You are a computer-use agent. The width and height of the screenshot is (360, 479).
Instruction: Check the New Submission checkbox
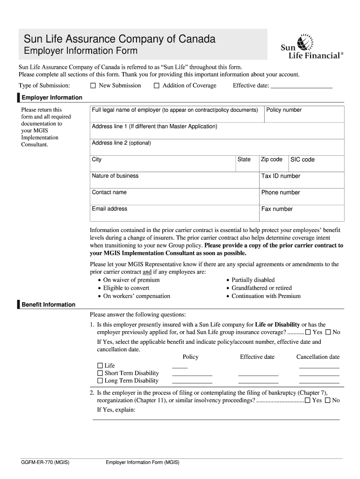(93, 86)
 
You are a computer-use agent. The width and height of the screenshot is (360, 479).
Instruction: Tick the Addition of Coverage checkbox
(157, 86)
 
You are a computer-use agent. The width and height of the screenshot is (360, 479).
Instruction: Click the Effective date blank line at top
(302, 86)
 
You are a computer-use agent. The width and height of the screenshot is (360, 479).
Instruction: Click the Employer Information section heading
(52, 97)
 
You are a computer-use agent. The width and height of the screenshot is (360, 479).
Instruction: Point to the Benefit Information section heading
(48, 305)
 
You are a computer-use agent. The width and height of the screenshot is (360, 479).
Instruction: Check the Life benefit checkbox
(100, 365)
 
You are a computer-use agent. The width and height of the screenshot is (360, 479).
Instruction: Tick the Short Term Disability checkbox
(100, 373)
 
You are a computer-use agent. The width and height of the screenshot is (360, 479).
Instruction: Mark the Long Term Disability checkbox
(100, 381)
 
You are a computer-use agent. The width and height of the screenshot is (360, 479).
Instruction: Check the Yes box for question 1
(308, 332)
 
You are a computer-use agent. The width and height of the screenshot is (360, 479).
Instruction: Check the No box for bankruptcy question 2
(328, 400)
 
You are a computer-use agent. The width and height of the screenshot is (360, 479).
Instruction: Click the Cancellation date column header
(318, 357)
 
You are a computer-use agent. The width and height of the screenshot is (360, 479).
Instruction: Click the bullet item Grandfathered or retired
(261, 288)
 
